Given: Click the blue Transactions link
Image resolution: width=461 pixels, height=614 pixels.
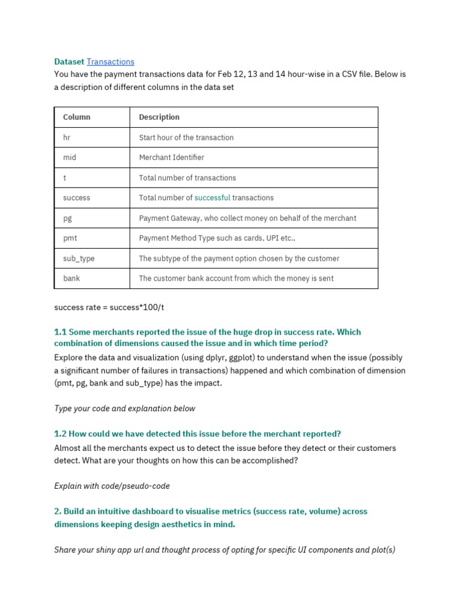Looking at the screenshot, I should click(110, 62).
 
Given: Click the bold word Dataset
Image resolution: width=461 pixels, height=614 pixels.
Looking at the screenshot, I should click(69, 62).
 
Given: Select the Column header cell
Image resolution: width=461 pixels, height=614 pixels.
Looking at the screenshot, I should click(77, 117).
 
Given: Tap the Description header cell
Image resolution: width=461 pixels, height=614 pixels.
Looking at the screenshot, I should click(159, 117).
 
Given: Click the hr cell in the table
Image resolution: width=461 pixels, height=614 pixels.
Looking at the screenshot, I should click(67, 137).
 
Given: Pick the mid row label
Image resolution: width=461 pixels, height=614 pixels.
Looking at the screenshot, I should click(70, 157).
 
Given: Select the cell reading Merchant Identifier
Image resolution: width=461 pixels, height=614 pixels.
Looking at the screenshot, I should click(172, 157).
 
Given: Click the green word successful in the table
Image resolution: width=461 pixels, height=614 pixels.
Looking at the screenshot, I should click(212, 198).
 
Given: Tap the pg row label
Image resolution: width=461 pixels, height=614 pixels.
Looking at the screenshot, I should click(68, 218).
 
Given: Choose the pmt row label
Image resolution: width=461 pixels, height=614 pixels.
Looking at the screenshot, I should click(70, 238).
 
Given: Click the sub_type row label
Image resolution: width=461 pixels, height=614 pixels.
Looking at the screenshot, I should click(79, 258).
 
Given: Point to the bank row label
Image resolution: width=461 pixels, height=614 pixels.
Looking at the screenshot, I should click(71, 278).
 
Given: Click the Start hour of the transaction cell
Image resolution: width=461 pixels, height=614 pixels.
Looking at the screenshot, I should click(186, 137).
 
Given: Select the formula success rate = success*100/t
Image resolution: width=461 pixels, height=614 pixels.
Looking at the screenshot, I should click(109, 307).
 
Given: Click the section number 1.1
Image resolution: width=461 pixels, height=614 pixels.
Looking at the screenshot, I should click(60, 332).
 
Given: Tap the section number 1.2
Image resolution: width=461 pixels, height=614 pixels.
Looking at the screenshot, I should click(60, 434).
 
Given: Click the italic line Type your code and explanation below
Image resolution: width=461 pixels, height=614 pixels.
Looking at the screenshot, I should click(124, 408).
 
